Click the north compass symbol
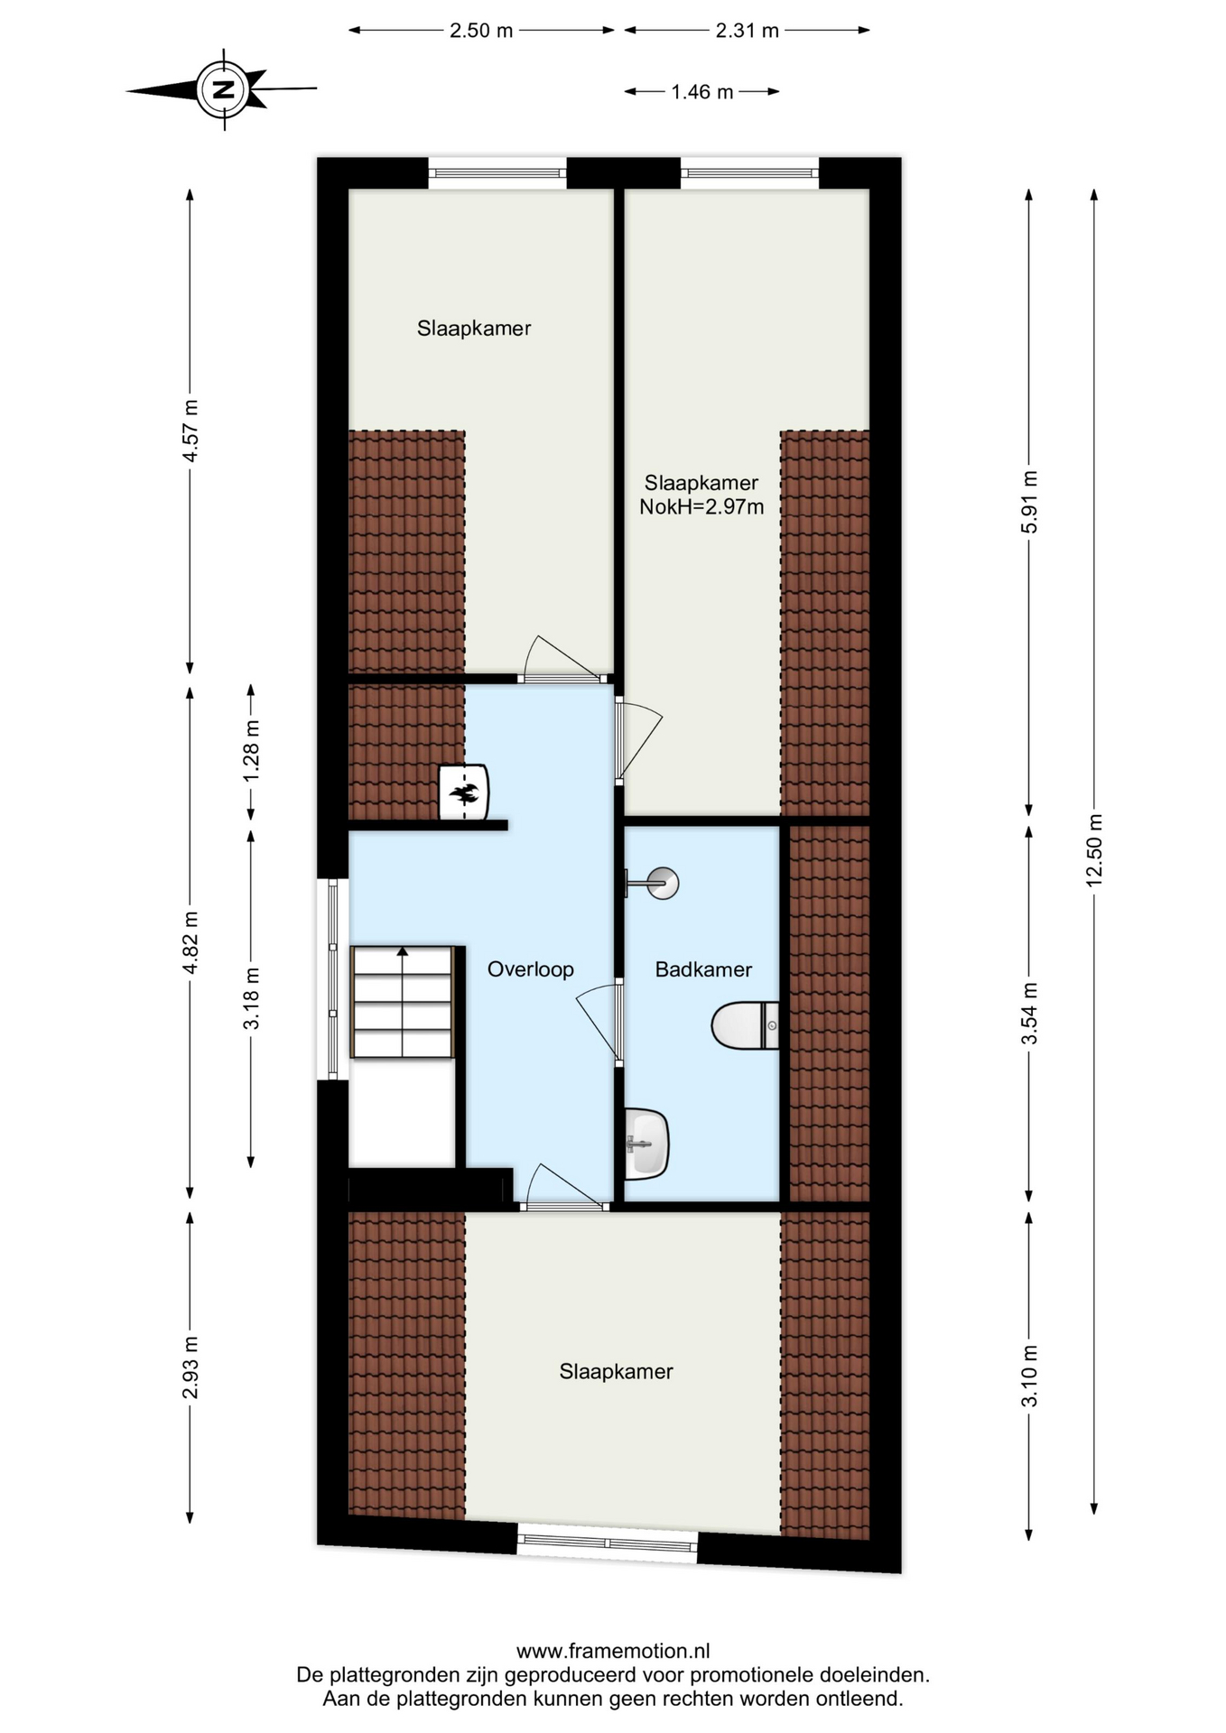[223, 89]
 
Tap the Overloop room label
[531, 969]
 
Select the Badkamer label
[703, 969]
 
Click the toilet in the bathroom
[745, 1025]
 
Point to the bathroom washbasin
[646, 1144]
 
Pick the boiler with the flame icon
[464, 793]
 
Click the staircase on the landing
[402, 1002]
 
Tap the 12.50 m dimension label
[1094, 850]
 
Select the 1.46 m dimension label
[702, 92]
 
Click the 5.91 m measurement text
[1029, 502]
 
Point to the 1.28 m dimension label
[251, 751]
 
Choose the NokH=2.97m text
[701, 507]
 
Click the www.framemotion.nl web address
[613, 1651]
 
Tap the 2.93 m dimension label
[190, 1367]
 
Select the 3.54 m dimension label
[1029, 1013]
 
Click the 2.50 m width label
[481, 31]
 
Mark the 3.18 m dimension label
[251, 997]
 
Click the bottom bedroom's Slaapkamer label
[617, 1372]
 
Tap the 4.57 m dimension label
[190, 431]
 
